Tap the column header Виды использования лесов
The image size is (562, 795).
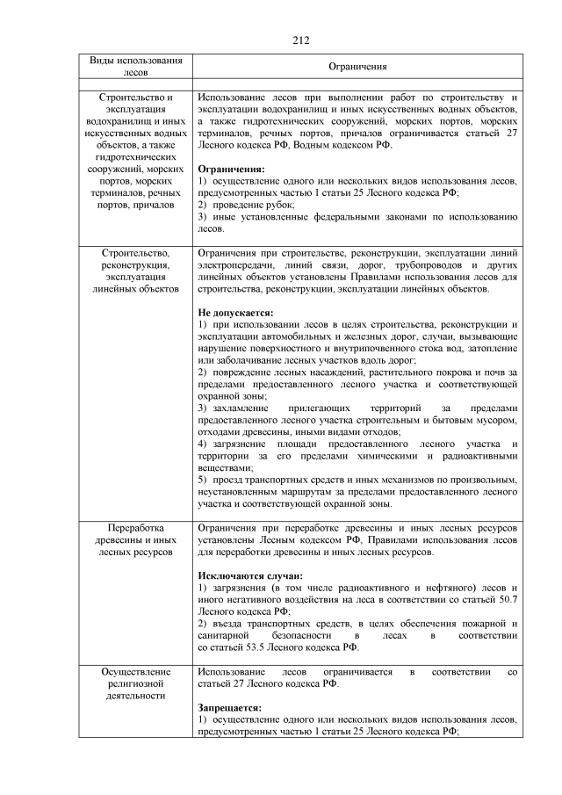pos(136,67)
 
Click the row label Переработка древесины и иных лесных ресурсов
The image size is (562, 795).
pos(136,538)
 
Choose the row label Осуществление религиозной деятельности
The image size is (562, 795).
pos(136,683)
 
